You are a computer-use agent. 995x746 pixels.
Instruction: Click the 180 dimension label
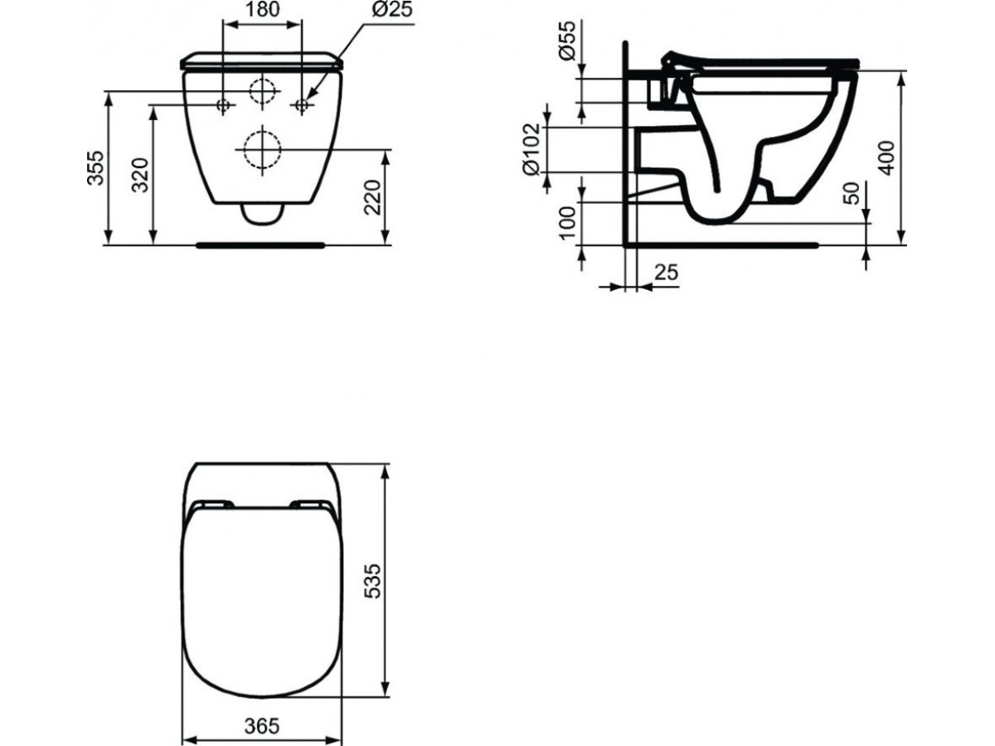click(264, 9)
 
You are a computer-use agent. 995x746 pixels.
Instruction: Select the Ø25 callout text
click(392, 9)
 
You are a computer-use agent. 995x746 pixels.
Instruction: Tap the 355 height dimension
click(95, 168)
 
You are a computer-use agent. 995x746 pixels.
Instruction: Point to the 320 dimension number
click(140, 175)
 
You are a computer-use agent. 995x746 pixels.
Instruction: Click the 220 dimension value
click(372, 197)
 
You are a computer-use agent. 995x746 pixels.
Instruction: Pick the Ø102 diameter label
click(531, 150)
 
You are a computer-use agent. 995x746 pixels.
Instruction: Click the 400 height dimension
click(886, 158)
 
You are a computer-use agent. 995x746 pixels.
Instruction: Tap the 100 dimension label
click(567, 223)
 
